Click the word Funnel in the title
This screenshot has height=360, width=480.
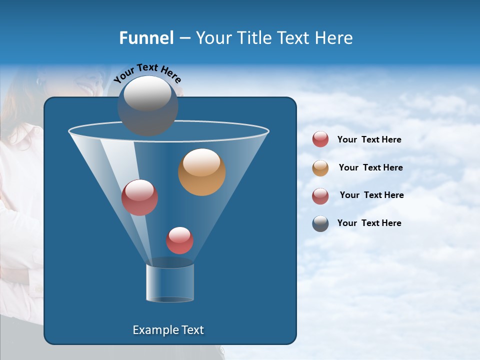146,38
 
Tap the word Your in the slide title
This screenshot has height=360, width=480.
211,38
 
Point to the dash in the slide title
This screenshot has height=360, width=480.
184,38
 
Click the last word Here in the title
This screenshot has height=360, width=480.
334,38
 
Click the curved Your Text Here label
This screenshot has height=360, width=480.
147,73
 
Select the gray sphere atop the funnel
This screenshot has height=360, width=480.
147,105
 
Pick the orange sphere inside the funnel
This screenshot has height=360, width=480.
201,172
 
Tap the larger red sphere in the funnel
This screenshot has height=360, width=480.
139,197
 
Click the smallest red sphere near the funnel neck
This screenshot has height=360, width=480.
179,240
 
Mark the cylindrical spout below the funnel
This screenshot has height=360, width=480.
170,283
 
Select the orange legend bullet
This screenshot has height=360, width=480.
320,168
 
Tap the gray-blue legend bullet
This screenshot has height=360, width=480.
320,223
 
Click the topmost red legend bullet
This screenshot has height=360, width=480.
320,139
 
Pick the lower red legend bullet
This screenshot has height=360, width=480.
320,196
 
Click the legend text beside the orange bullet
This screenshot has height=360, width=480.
370,168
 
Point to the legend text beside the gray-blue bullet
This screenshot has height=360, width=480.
369,223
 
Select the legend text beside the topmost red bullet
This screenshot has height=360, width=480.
369,140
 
